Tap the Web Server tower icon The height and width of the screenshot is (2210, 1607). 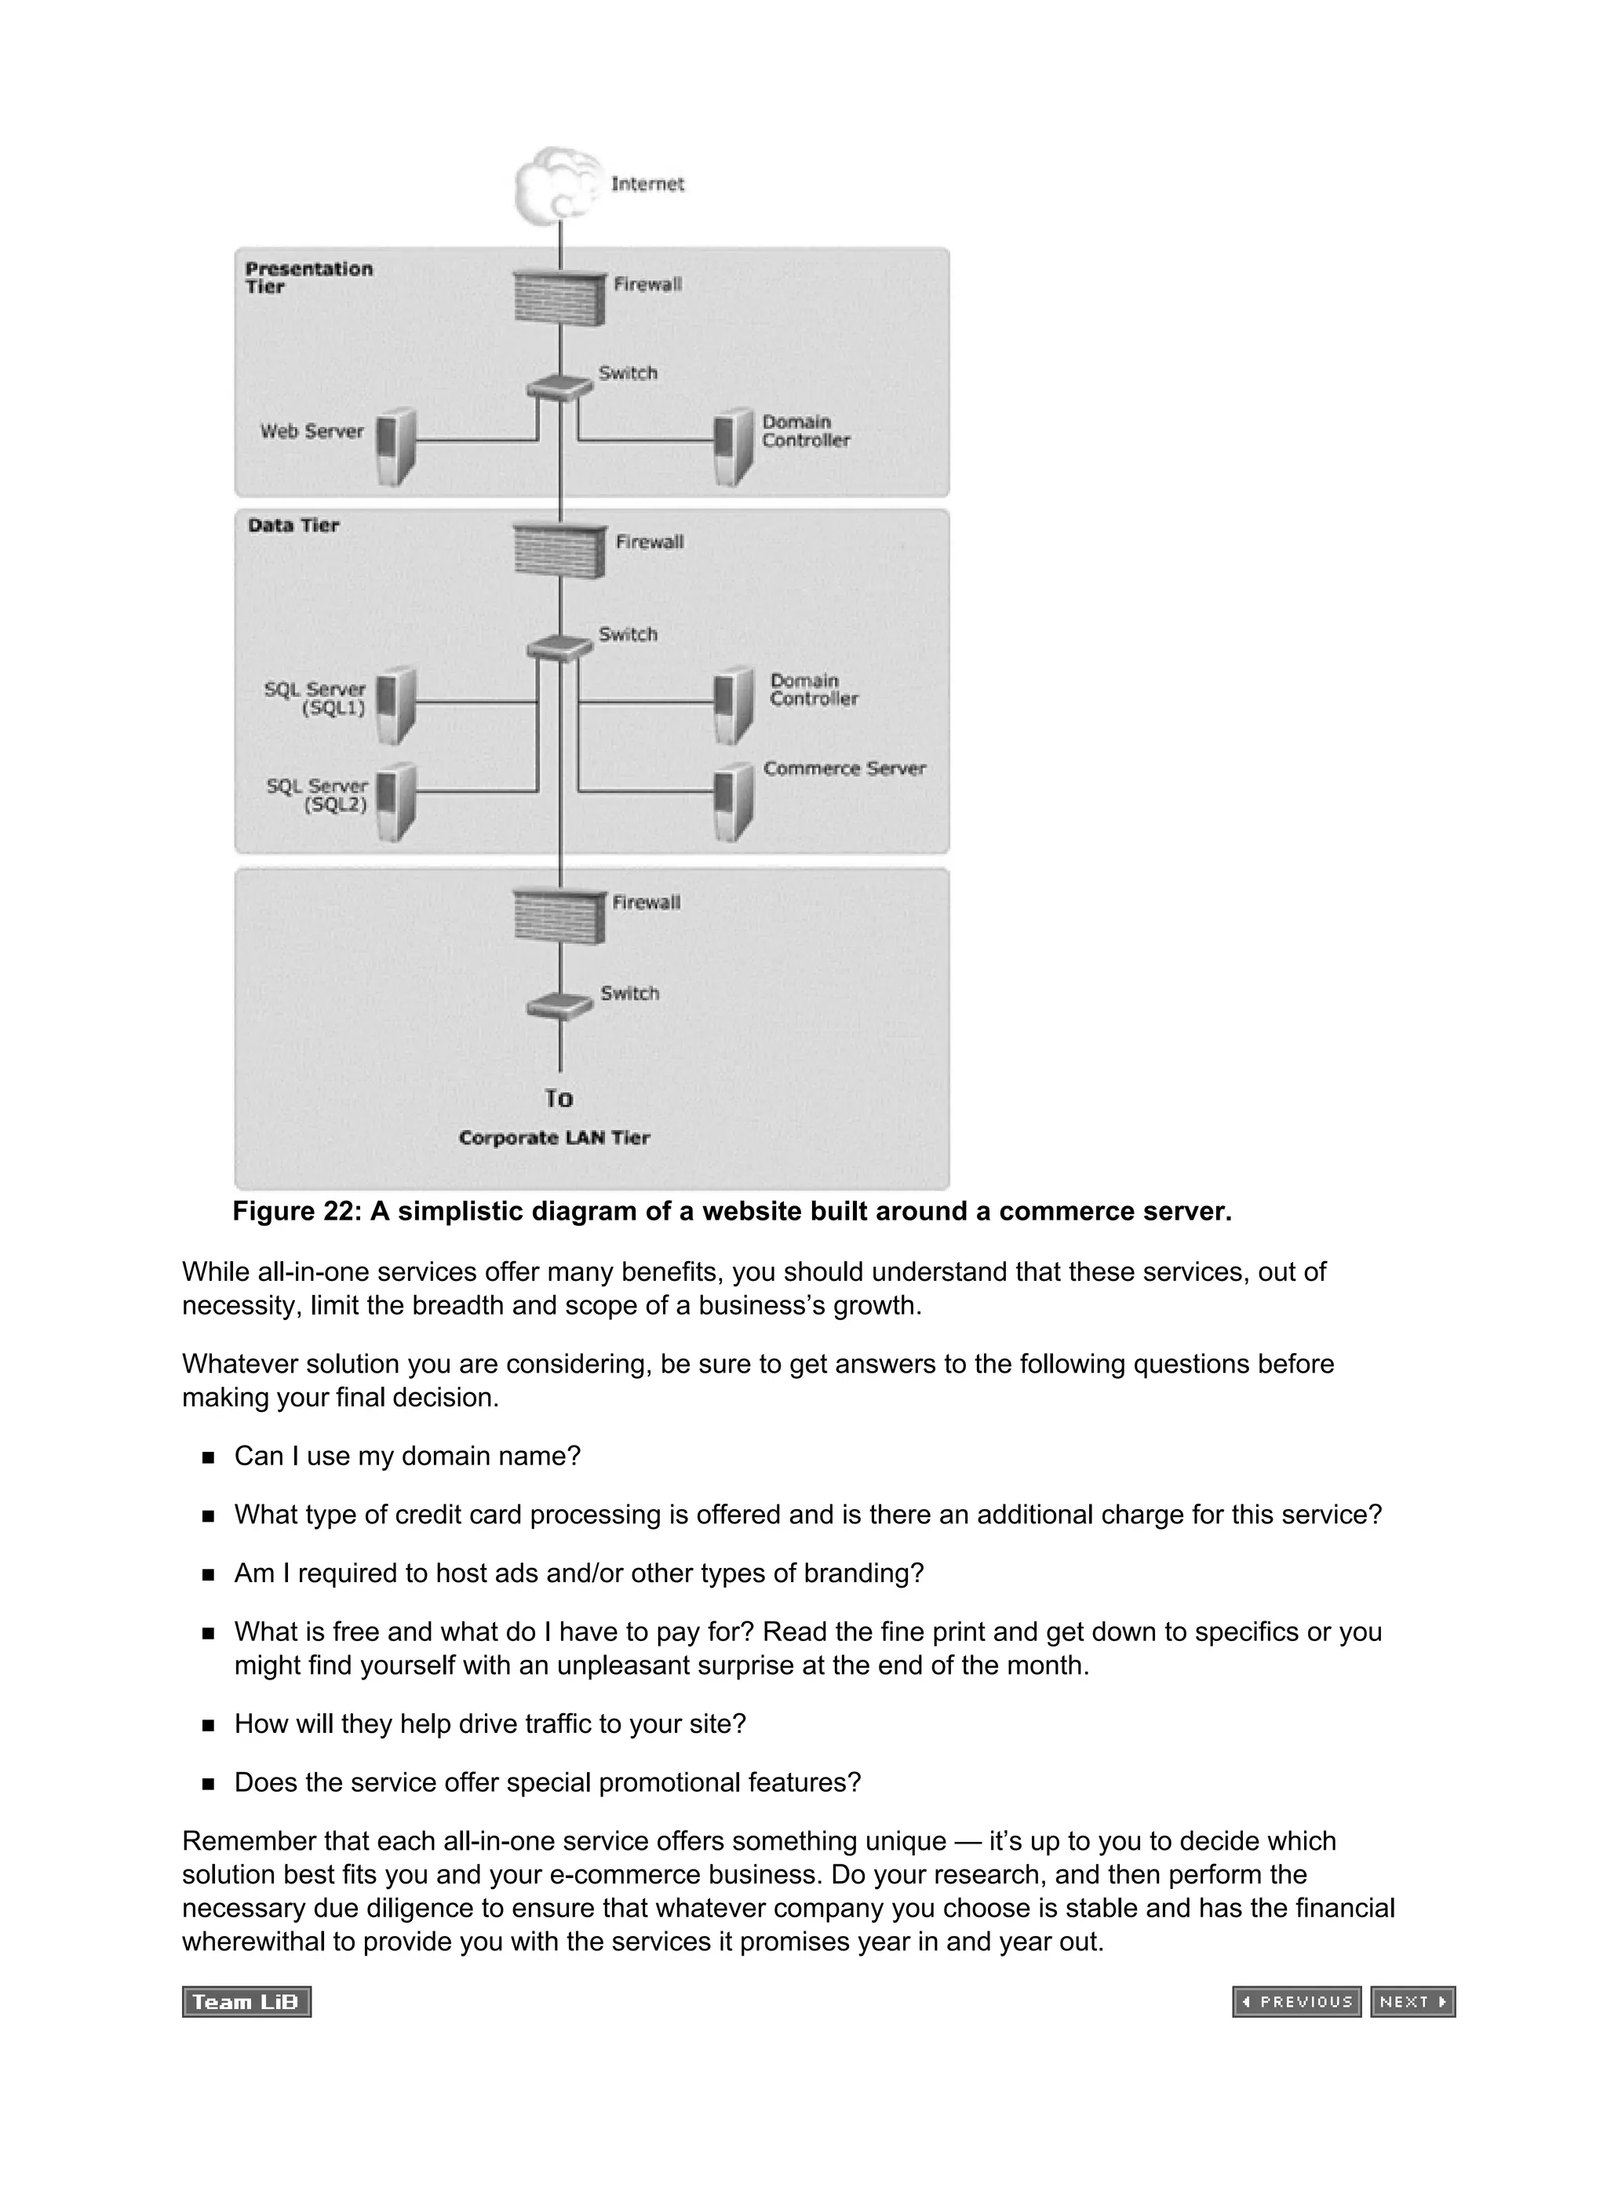click(x=395, y=447)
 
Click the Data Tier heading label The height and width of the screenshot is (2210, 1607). click(x=293, y=525)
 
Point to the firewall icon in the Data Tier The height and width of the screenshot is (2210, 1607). click(x=559, y=551)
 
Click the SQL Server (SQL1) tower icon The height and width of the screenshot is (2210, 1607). click(x=395, y=706)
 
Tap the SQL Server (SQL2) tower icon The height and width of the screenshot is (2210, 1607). click(x=395, y=802)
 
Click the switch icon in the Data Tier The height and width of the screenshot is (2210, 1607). click(x=559, y=646)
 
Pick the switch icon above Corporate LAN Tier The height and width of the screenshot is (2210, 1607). click(x=559, y=1005)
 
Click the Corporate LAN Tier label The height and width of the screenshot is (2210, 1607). click(x=553, y=1138)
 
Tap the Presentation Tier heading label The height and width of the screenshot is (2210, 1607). click(x=308, y=277)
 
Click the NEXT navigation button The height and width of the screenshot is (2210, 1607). click(x=1412, y=2001)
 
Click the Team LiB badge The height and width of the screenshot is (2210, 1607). click(x=246, y=2001)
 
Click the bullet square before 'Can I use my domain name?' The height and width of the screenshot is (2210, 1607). click(x=208, y=1457)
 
